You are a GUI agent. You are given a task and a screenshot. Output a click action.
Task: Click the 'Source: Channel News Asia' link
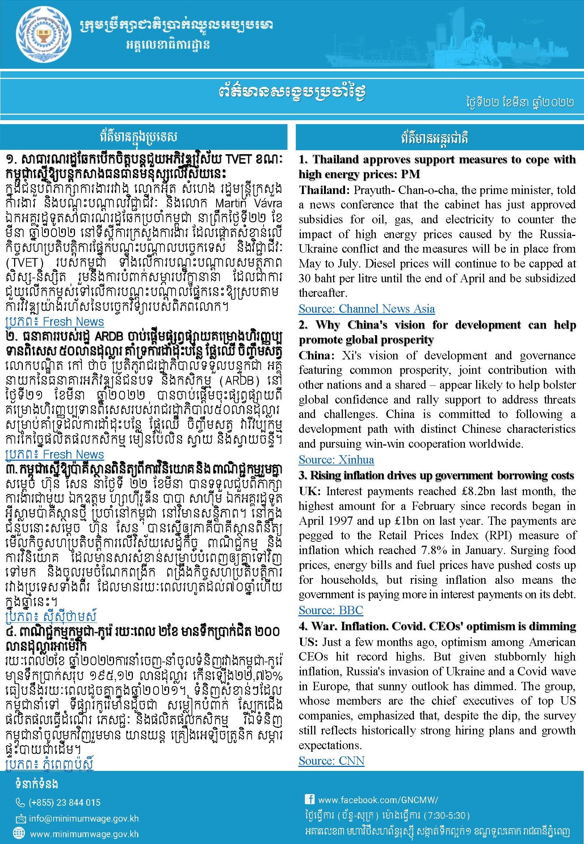click(x=366, y=309)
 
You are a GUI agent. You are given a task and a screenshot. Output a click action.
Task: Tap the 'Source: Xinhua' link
click(x=336, y=459)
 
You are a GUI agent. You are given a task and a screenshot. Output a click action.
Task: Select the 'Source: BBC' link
click(x=331, y=610)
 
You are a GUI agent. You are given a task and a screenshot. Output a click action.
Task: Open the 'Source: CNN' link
click(x=331, y=761)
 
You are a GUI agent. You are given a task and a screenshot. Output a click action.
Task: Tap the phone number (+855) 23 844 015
click(x=64, y=803)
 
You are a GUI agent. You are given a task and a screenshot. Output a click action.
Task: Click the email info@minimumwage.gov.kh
click(x=84, y=818)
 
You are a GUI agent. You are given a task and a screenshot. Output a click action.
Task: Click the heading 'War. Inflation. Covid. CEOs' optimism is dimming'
click(x=437, y=626)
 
